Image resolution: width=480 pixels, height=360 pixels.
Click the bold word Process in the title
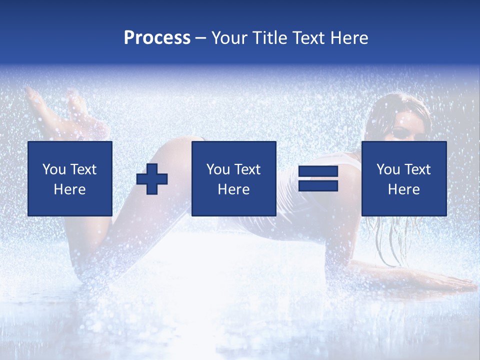(157, 38)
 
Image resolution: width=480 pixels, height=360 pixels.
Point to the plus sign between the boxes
(152, 179)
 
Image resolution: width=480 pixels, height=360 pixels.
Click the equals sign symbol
(318, 178)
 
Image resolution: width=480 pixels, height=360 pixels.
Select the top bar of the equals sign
(318, 171)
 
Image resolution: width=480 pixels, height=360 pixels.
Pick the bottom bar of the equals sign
(318, 186)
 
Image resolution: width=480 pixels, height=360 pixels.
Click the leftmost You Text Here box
(70, 178)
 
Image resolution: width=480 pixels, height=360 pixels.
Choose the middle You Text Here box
(233, 178)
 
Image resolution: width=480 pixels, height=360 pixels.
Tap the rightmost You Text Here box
(403, 178)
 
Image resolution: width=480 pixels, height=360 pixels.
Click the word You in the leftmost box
(54, 169)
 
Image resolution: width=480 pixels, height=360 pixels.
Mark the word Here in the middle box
(233, 189)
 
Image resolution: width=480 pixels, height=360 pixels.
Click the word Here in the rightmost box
(403, 189)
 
